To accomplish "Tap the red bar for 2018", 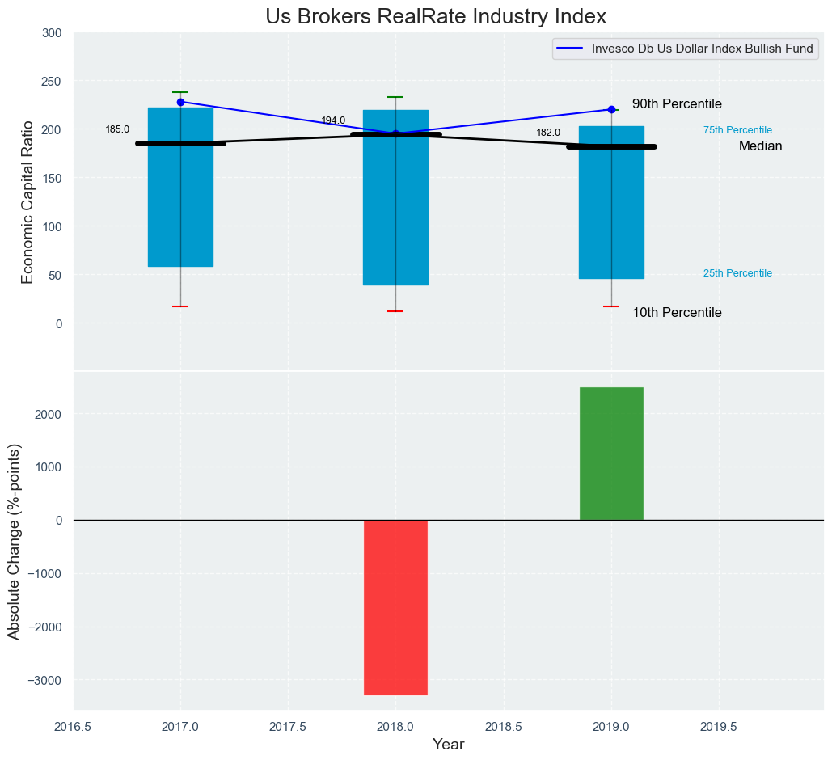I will [x=395, y=606].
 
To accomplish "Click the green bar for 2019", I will [x=611, y=454].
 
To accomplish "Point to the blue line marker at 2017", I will [x=180, y=102].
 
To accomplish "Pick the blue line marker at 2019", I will [x=611, y=109].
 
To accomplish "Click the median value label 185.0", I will [x=117, y=129].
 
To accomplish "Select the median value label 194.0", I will [x=333, y=120].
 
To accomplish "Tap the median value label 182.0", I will [x=548, y=133].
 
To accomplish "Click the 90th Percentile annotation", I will [x=677, y=104].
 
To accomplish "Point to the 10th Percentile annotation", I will [x=677, y=313].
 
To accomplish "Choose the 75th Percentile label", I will [x=737, y=130].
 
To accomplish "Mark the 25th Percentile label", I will [x=737, y=273].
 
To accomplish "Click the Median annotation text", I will [x=760, y=146].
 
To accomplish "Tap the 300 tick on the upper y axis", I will [x=51, y=33].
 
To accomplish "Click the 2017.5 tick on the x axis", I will [x=288, y=727].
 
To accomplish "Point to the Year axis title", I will [x=448, y=745].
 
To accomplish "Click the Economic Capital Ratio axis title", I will [x=27, y=201].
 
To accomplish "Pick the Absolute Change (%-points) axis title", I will [x=14, y=541].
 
